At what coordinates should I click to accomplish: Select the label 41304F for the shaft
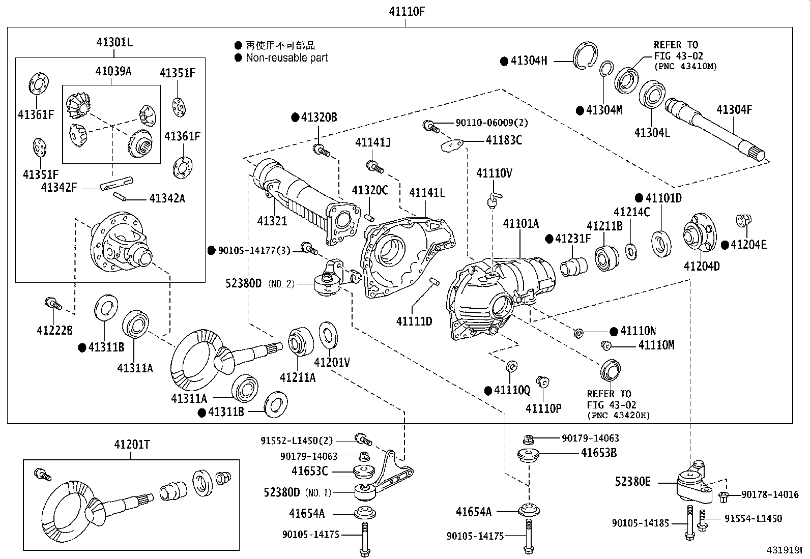(734, 109)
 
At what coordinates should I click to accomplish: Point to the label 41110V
(494, 173)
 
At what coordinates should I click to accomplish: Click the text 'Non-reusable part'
(286, 58)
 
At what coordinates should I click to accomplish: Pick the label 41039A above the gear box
(113, 71)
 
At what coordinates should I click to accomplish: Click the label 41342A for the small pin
(167, 198)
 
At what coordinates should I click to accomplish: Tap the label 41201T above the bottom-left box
(131, 445)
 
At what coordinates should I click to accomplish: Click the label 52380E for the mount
(632, 481)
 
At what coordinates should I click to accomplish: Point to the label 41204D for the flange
(702, 266)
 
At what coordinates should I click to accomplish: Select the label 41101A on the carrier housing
(521, 223)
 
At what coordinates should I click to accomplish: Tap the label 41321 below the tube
(272, 221)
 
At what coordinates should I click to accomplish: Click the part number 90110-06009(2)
(484, 123)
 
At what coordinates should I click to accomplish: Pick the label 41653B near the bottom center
(599, 453)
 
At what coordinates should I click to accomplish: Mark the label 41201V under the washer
(332, 363)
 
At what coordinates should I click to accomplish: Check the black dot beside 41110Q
(488, 391)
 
